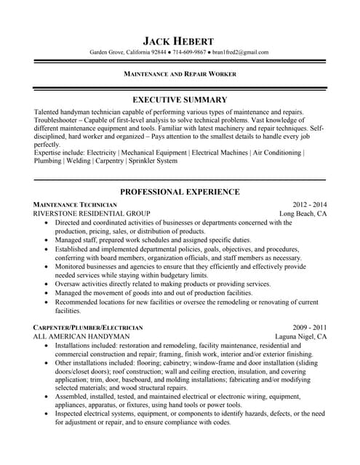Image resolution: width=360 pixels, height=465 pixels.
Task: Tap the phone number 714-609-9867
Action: [x=188, y=52]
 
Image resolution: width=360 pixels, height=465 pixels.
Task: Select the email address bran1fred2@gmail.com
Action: [x=241, y=52]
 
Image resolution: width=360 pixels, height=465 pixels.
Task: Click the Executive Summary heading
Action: [x=180, y=100]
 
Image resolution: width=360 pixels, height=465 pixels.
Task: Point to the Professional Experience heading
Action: [x=180, y=192]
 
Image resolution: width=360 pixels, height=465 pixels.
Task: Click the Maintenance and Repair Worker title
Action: [x=180, y=74]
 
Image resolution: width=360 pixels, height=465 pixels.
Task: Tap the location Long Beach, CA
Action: [x=303, y=214]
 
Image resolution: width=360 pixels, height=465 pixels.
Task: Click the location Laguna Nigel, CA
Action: [x=299, y=337]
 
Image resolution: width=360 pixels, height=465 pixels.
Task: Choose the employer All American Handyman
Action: [x=81, y=337]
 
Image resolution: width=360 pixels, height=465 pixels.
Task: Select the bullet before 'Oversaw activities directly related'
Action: [x=47, y=284]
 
